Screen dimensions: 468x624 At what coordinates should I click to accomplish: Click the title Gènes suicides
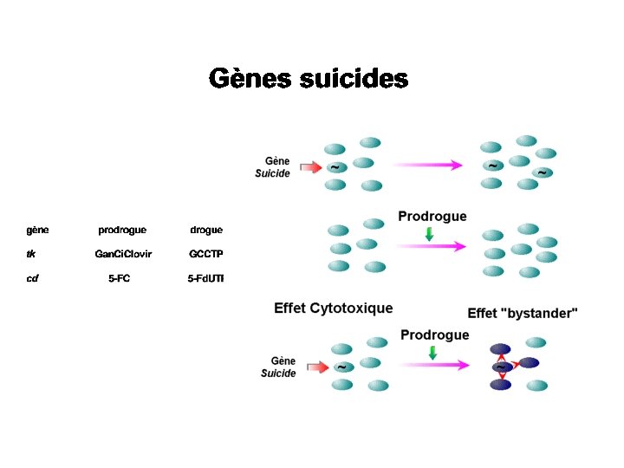(x=308, y=80)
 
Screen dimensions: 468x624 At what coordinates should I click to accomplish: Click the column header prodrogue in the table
(x=122, y=230)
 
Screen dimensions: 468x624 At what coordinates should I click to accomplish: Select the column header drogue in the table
(x=206, y=230)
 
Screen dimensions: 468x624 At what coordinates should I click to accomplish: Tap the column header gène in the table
(x=37, y=230)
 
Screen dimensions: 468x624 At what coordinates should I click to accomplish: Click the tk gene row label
(x=31, y=254)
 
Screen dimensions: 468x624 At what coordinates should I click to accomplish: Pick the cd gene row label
(x=32, y=279)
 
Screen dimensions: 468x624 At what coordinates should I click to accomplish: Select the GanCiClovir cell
(x=123, y=254)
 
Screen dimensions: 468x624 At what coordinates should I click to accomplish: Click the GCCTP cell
(x=206, y=254)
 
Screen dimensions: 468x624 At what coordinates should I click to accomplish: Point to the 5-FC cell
(x=120, y=279)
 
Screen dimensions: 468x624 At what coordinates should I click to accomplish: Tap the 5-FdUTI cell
(x=206, y=279)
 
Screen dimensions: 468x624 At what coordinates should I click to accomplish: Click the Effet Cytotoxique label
(x=334, y=308)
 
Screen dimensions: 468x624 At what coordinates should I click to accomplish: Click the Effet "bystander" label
(x=523, y=313)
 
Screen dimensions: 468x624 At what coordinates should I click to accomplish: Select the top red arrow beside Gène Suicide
(x=308, y=166)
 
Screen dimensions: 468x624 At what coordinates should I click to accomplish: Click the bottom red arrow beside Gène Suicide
(x=316, y=367)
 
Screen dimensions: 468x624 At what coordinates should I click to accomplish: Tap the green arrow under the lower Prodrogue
(x=432, y=353)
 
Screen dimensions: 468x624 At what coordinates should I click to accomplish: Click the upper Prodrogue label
(x=432, y=216)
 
